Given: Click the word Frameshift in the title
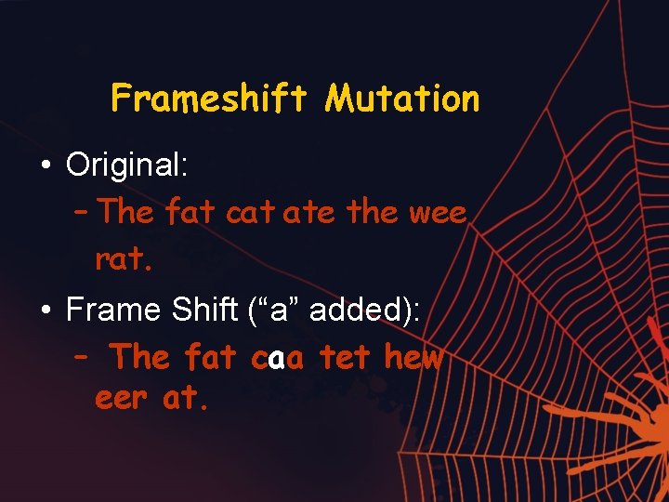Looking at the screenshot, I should point(208,98).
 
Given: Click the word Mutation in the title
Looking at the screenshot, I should point(401,98).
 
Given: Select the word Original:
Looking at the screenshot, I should point(127,165).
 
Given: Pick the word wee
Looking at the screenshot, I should point(438,213).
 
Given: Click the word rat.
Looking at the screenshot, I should point(124,259).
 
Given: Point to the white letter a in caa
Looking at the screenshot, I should point(276,357).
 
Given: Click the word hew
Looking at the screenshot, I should point(413,357).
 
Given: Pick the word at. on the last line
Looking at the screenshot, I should point(183,399).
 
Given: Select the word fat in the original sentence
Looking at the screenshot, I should point(191,213).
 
